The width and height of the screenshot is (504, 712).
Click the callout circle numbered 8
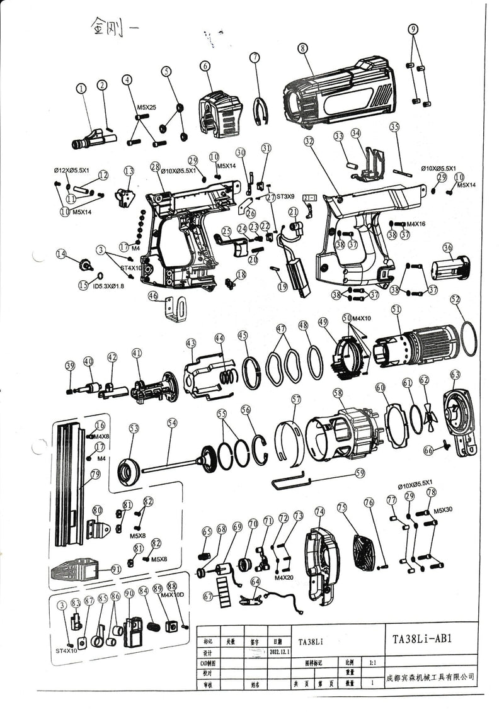click(x=303, y=48)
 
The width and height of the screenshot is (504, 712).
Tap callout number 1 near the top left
click(x=81, y=89)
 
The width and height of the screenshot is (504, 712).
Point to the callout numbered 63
click(x=455, y=375)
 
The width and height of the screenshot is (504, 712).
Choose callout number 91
click(x=116, y=568)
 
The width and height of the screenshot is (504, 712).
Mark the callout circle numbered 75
click(x=342, y=507)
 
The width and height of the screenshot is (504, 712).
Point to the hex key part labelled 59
click(x=290, y=481)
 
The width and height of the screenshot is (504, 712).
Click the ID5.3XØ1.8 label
click(x=109, y=286)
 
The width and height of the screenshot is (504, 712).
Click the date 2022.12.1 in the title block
click(x=278, y=652)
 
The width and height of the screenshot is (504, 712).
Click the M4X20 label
click(x=285, y=577)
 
